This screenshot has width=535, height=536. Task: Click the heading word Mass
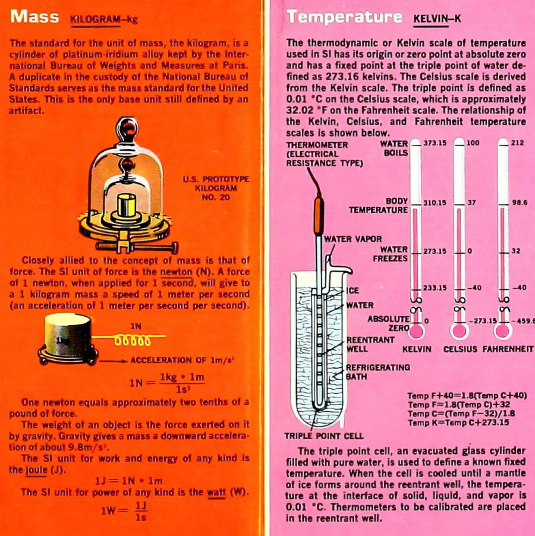34,17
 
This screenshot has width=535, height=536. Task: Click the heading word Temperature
344,17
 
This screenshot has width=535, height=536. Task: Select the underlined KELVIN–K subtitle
437,19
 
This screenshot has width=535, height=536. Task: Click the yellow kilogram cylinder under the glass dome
127,206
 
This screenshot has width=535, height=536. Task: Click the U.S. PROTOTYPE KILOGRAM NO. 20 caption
216,188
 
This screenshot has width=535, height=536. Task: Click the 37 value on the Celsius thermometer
471,203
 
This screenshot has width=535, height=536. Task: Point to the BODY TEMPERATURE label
378,206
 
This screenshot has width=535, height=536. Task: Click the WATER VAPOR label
353,239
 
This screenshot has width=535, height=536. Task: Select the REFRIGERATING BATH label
377,371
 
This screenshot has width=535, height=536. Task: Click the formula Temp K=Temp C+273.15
458,423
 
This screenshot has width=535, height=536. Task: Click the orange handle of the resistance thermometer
319,210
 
